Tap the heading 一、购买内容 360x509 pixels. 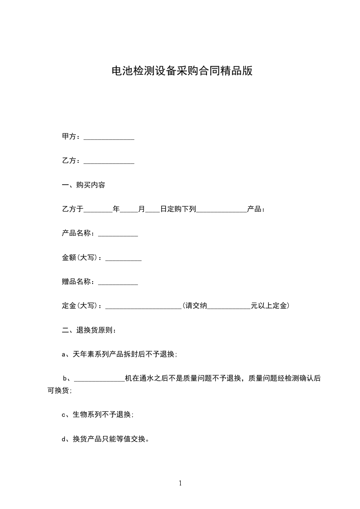(84, 185)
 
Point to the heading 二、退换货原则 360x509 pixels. (89, 330)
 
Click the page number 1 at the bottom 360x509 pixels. (180, 484)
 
